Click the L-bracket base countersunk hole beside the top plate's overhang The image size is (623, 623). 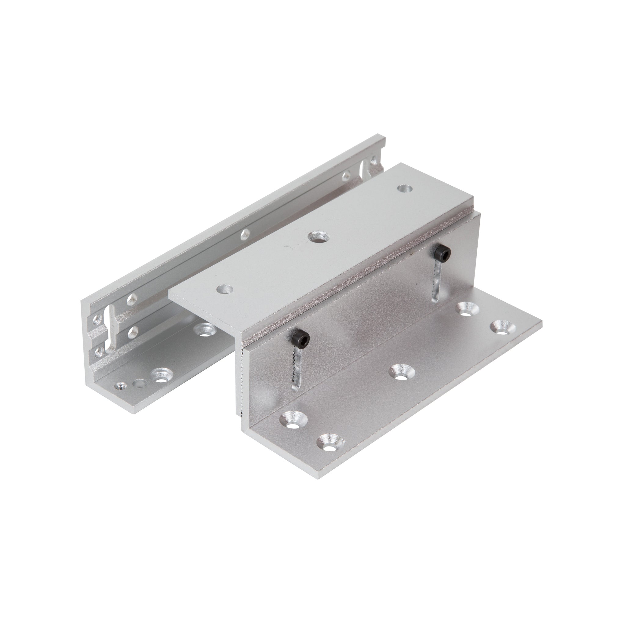[204, 330]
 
